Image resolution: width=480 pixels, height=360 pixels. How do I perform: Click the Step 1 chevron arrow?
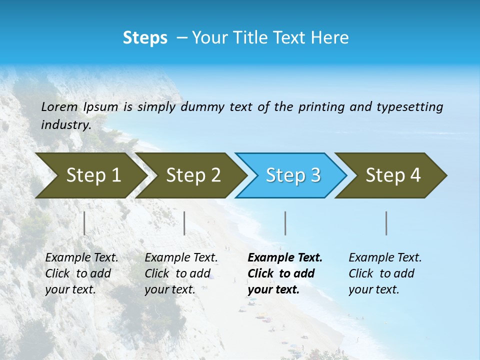click(x=90, y=175)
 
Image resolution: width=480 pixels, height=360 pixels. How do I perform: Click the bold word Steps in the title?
click(x=145, y=38)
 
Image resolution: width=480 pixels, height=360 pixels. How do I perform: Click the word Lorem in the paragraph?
click(x=59, y=106)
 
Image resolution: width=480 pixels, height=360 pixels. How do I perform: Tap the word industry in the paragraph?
click(x=65, y=124)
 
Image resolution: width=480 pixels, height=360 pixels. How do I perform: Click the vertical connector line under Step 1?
click(x=84, y=223)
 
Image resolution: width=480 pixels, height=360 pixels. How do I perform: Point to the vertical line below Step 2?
click(x=184, y=223)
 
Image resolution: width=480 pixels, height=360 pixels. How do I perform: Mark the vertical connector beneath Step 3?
click(x=285, y=223)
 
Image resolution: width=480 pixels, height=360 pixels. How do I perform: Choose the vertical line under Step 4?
click(x=386, y=223)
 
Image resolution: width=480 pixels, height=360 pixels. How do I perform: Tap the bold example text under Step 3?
click(x=284, y=273)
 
